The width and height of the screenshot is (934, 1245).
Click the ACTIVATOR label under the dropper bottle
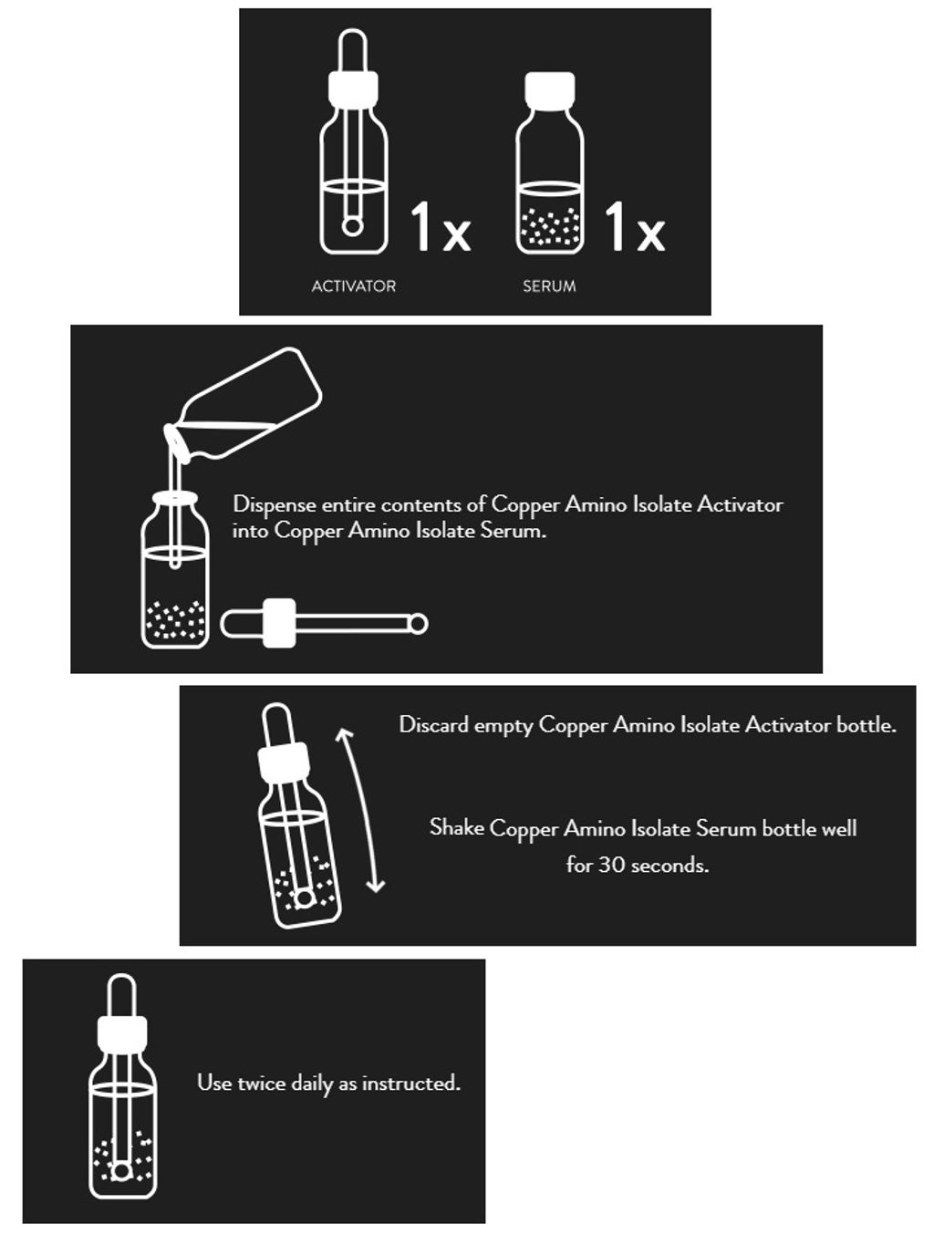click(353, 285)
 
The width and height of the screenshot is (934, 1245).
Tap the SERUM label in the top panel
click(549, 285)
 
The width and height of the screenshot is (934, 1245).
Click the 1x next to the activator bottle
click(441, 226)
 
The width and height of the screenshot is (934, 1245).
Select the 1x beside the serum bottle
click(635, 226)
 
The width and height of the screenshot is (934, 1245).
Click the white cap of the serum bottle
click(549, 90)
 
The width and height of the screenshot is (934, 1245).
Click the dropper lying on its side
click(324, 623)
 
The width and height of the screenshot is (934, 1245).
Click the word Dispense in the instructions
click(275, 504)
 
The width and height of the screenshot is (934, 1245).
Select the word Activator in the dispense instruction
click(740, 504)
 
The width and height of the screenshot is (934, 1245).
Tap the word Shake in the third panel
click(457, 827)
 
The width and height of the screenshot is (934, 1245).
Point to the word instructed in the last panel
click(411, 1083)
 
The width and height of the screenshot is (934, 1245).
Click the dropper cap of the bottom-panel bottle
click(122, 1033)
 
